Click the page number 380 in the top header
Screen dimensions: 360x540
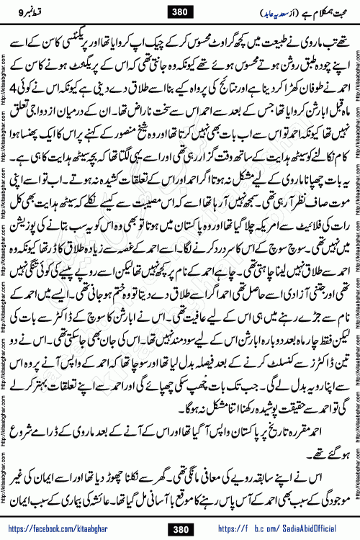click(179, 10)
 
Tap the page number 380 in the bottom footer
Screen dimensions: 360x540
click(179, 529)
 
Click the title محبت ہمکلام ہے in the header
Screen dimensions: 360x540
click(312, 10)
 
